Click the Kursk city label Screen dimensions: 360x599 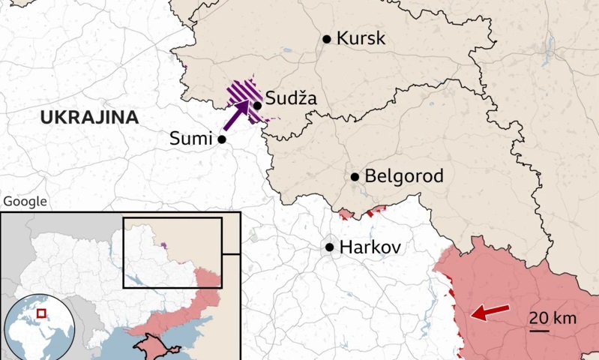pyautogui.click(x=361, y=38)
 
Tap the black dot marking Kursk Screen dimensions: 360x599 pyautogui.click(x=327, y=39)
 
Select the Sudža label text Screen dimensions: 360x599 pyautogui.click(x=292, y=98)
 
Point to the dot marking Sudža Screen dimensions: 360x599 pyautogui.click(x=257, y=106)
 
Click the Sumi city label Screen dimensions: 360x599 pyautogui.click(x=192, y=139)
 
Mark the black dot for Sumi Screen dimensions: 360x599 pyautogui.click(x=222, y=139)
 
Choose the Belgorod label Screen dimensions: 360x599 pyautogui.click(x=403, y=177)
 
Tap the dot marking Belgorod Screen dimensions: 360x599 pyautogui.click(x=355, y=178)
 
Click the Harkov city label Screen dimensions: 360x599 pyautogui.click(x=371, y=247)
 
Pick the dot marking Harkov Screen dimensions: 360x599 pyautogui.click(x=329, y=247)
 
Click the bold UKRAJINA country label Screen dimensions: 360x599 pyautogui.click(x=89, y=117)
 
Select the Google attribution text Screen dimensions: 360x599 pyautogui.click(x=25, y=201)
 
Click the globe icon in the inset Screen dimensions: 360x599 pyautogui.click(x=39, y=327)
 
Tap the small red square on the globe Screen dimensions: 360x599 pyautogui.click(x=42, y=313)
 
